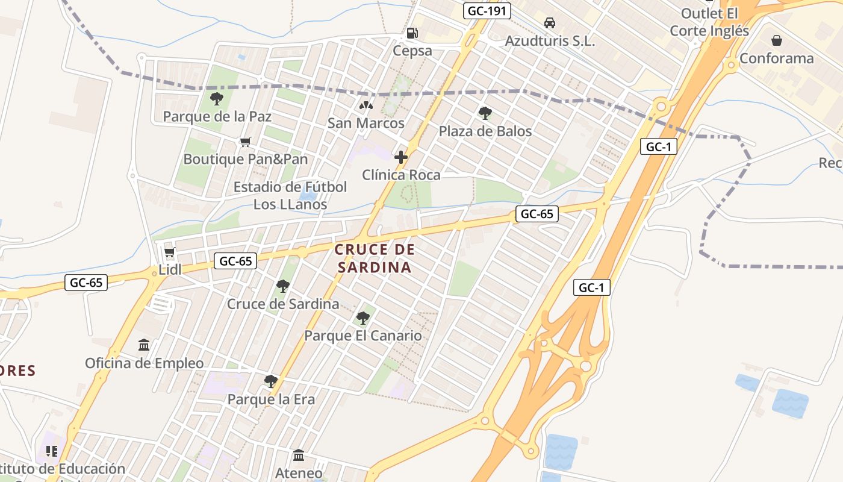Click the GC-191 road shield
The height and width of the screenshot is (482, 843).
tap(487, 10)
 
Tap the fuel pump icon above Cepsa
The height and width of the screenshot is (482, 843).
tap(412, 34)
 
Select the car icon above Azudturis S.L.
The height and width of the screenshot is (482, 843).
tap(549, 23)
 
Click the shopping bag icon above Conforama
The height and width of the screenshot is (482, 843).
tap(777, 40)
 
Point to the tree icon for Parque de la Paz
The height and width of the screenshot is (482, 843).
tap(217, 99)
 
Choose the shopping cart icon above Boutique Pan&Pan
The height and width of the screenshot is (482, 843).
tap(245, 142)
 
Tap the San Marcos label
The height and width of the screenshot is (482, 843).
tap(366, 123)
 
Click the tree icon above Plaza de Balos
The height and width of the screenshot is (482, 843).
tap(485, 113)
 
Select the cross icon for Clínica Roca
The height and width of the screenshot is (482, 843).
tap(401, 158)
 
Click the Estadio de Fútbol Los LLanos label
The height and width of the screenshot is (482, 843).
tap(290, 195)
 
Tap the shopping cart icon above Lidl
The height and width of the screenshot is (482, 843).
tap(169, 252)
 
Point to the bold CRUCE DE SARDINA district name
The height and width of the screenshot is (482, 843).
tap(375, 258)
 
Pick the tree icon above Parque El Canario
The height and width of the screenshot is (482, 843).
tap(362, 318)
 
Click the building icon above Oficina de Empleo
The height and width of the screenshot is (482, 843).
tap(144, 345)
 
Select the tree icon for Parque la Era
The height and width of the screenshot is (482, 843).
tap(271, 381)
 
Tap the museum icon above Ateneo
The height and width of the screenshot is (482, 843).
tap(299, 455)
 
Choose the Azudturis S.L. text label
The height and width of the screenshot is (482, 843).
tap(550, 41)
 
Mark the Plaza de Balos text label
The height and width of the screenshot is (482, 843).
tap(485, 131)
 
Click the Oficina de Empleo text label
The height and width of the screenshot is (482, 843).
tap(144, 363)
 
